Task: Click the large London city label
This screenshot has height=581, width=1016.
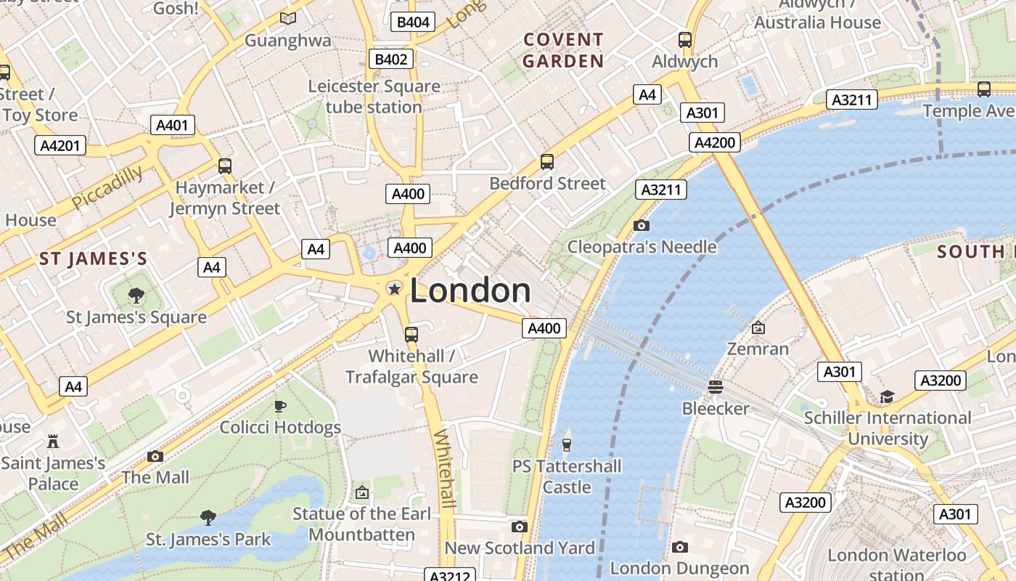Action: pyautogui.click(x=470, y=290)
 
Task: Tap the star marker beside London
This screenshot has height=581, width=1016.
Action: pyautogui.click(x=394, y=290)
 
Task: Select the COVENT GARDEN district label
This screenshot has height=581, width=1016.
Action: pyautogui.click(x=563, y=51)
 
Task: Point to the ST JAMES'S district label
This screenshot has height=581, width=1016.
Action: pyautogui.click(x=94, y=259)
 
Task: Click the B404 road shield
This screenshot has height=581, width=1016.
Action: pyautogui.click(x=414, y=22)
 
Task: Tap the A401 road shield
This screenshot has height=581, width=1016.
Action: pyautogui.click(x=172, y=125)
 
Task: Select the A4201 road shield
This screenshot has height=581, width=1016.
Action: pyautogui.click(x=60, y=145)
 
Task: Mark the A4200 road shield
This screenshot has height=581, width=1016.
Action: pyautogui.click(x=715, y=142)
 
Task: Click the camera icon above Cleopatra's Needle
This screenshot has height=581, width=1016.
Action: pyautogui.click(x=641, y=225)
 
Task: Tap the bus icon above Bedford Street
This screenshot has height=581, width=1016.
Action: pyautogui.click(x=547, y=162)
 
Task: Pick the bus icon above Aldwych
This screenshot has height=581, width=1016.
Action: pyautogui.click(x=684, y=40)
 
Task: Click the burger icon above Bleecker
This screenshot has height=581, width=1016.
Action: pyautogui.click(x=716, y=386)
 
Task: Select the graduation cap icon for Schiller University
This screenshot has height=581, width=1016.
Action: pyautogui.click(x=887, y=397)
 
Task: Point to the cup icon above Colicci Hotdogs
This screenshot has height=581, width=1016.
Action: pyautogui.click(x=280, y=406)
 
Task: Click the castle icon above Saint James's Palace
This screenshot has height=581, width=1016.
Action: pyautogui.click(x=52, y=441)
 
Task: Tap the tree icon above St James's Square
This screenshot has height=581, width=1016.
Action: pyautogui.click(x=136, y=295)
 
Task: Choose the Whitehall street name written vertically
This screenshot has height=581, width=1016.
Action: pyautogui.click(x=445, y=469)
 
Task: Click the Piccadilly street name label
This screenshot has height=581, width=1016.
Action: pyautogui.click(x=107, y=187)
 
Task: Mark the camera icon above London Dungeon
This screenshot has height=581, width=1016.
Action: pyautogui.click(x=679, y=547)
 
